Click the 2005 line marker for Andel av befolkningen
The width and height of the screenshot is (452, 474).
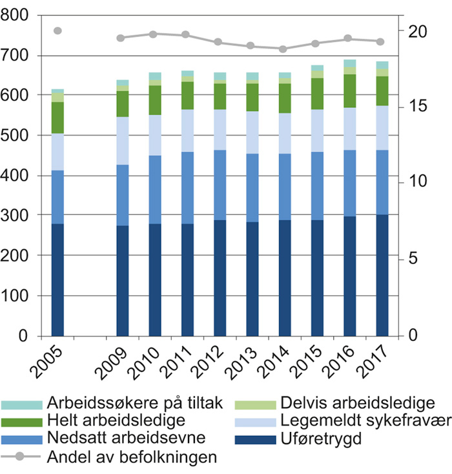[57, 30]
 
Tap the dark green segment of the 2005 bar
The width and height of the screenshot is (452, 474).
[57, 118]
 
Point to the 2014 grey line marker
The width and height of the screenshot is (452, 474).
[282, 48]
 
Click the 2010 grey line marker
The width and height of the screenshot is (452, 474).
[154, 34]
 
